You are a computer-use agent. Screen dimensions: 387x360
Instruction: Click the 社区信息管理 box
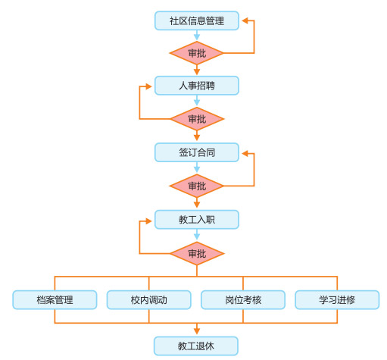tap(197, 20)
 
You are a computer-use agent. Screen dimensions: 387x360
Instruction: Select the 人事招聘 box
tap(197, 86)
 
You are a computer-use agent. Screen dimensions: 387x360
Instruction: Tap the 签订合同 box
tap(197, 152)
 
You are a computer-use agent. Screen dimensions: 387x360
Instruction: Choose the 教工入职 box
tap(197, 220)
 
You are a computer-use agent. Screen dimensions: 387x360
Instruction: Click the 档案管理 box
tap(55, 300)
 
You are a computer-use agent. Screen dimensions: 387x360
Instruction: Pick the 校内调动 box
tap(148, 300)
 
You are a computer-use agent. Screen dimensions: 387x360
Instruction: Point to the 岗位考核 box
tap(243, 300)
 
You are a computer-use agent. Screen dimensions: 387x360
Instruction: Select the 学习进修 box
tap(337, 300)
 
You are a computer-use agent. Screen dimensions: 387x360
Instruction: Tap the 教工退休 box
tap(196, 346)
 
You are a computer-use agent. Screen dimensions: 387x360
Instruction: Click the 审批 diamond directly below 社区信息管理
tap(197, 53)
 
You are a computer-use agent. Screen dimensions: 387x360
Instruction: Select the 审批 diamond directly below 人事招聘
tap(197, 119)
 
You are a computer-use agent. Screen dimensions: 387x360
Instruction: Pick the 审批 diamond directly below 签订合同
tap(197, 186)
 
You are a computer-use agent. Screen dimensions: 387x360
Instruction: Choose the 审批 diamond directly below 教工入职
tap(197, 253)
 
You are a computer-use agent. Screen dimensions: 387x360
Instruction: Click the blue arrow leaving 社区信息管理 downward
tap(197, 36)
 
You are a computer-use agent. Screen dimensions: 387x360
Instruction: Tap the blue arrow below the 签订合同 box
tap(197, 167)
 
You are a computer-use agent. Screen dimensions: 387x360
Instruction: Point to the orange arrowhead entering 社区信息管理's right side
tap(245, 20)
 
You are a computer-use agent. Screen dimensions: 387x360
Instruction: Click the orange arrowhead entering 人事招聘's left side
tap(148, 86)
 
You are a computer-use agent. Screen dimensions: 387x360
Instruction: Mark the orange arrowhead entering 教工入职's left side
tap(148, 221)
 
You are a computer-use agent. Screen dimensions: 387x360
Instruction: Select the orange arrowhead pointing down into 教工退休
tap(197, 331)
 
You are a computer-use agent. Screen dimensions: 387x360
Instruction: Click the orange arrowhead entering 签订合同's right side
tap(245, 153)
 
